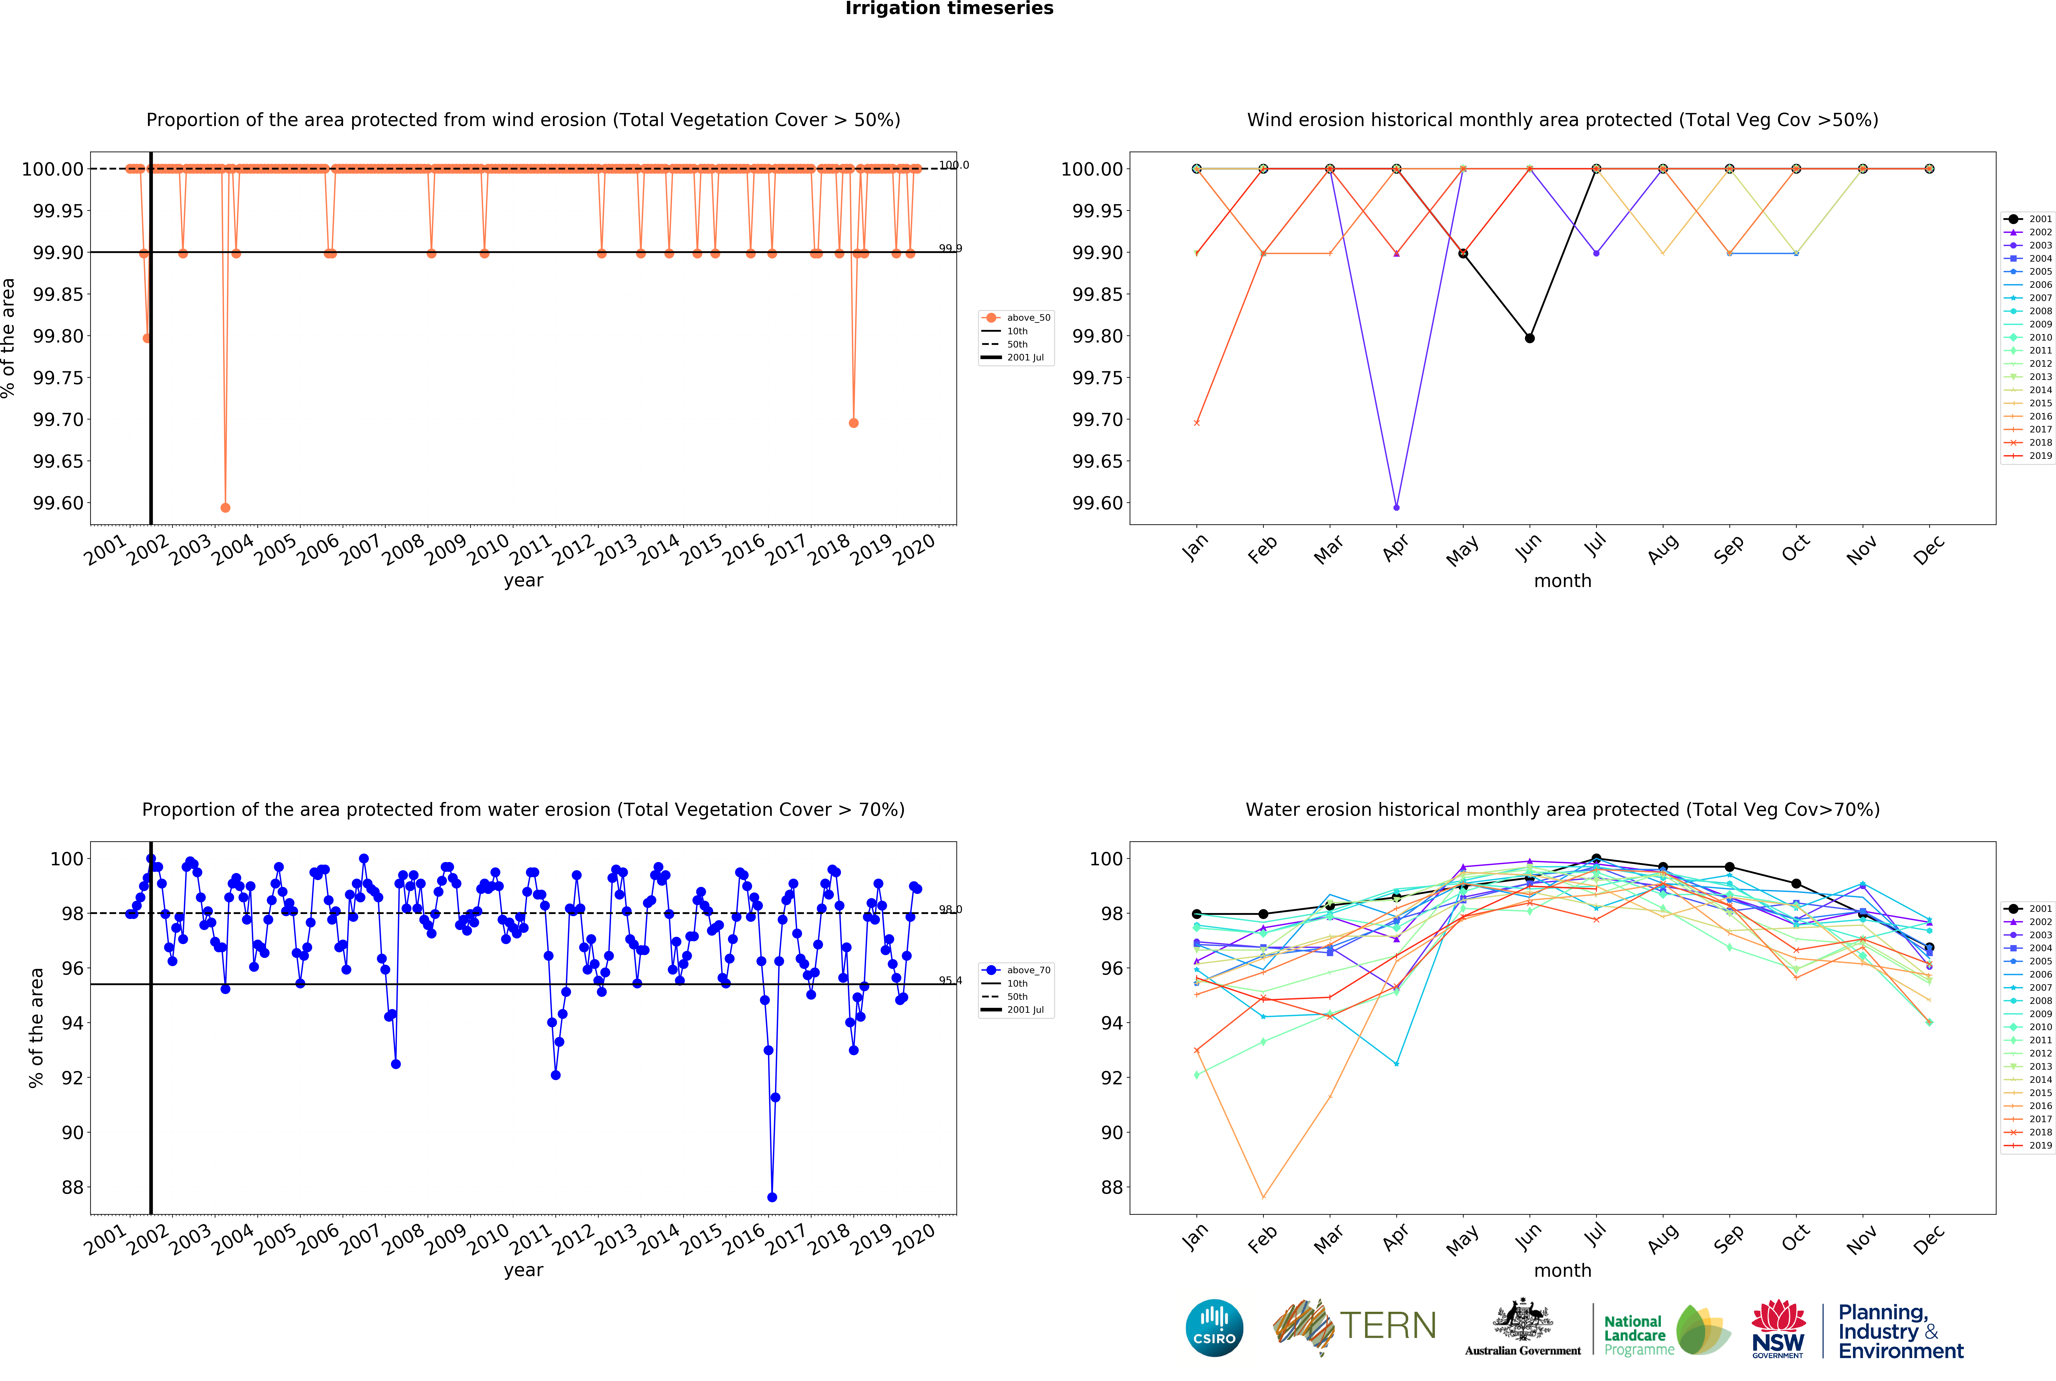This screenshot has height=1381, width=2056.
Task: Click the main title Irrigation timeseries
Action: point(949,9)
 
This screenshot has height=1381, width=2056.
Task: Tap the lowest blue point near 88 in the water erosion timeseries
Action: point(772,1197)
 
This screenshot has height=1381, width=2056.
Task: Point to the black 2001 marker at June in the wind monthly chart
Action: point(1529,338)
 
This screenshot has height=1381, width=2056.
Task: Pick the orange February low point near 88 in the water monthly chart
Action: point(1263,1197)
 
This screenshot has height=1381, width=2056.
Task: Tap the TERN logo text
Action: point(1387,1325)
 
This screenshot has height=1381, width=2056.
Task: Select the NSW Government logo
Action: point(1778,1328)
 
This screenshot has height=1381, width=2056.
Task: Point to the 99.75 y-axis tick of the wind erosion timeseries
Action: point(58,378)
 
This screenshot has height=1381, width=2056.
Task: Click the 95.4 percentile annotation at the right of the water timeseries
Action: point(950,980)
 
